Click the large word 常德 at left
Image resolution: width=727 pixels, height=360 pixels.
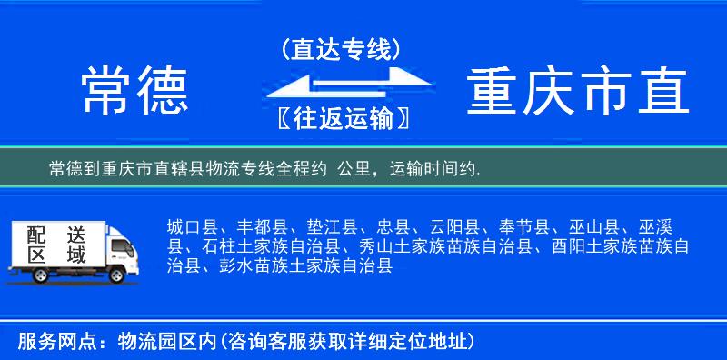coord(134,91)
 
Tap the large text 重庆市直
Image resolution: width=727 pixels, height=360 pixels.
coord(578,91)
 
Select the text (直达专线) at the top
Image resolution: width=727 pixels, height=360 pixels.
coord(341,49)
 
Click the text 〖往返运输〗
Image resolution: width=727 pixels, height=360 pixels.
coord(341,118)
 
